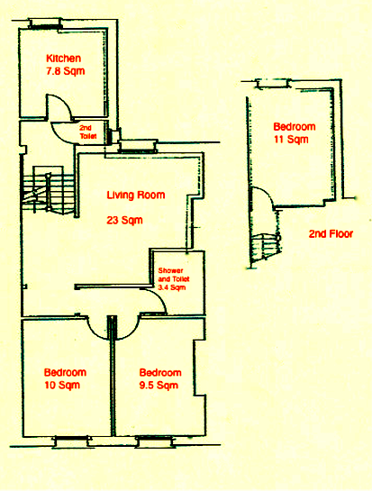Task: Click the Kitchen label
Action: click(64, 59)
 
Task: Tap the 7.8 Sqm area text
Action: click(66, 71)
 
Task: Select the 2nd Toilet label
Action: click(87, 132)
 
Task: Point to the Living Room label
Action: click(136, 195)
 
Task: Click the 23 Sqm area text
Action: click(124, 220)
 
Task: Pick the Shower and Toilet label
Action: click(174, 275)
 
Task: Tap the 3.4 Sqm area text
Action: click(172, 287)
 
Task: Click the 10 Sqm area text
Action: click(62, 385)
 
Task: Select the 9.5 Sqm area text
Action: click(159, 385)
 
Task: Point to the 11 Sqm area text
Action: click(291, 139)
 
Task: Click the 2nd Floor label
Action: click(331, 234)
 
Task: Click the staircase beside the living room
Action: click(48, 190)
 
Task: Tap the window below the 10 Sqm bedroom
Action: click(72, 441)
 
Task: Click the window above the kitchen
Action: click(45, 24)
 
